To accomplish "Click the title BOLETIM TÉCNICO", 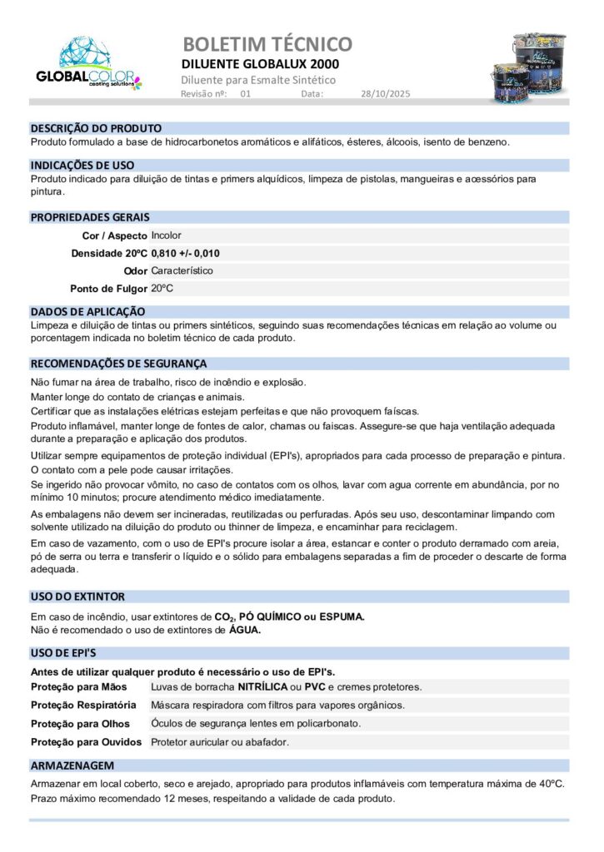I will [267, 43].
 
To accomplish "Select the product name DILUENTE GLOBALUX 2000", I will [260, 64].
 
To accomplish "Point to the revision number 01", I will [245, 94].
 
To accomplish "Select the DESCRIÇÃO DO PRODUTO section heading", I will [96, 129].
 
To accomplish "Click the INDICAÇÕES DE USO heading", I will [82, 166].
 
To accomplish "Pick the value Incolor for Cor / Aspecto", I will [166, 235].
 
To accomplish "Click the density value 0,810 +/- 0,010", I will [186, 253].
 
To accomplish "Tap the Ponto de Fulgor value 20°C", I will [162, 288].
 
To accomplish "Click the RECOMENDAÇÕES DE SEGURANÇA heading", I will [118, 364].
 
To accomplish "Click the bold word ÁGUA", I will [245, 630].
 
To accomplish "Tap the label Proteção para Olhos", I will [80, 724].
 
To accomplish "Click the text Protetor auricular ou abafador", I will [220, 741].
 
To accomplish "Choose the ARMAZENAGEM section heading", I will [72, 765].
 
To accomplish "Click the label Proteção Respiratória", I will [83, 706].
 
